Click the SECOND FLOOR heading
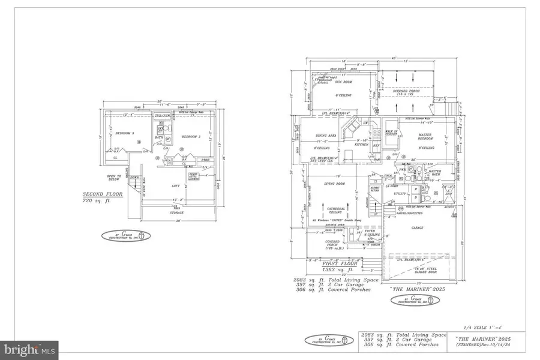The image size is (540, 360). [x=100, y=195]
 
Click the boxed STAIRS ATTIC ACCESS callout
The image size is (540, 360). [x=194, y=176]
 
